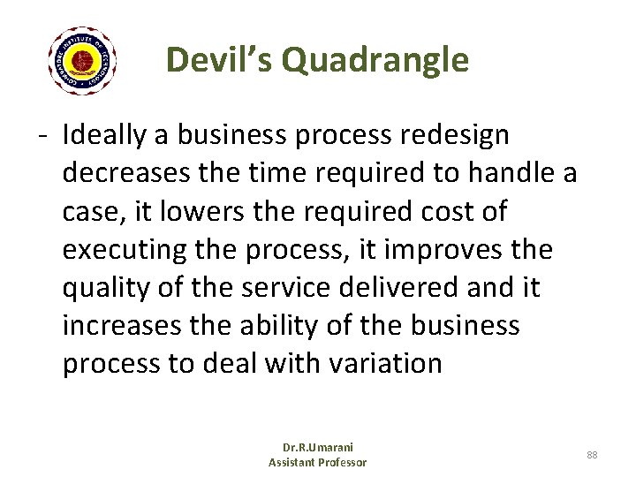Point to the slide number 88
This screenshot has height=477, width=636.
point(592,454)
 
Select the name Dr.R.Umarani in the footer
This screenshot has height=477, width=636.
point(317,447)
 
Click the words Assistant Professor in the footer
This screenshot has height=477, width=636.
point(317,462)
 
